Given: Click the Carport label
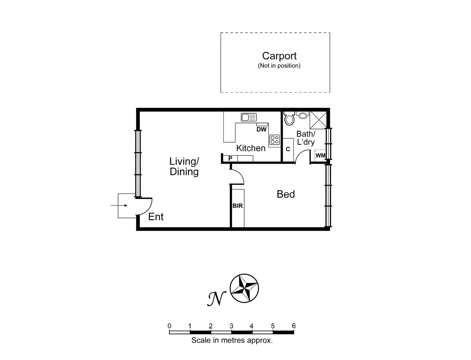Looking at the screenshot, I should tap(279, 56).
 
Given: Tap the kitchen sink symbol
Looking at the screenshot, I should tap(249, 117).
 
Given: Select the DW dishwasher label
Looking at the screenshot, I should tap(262, 129).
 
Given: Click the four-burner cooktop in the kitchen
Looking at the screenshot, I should tap(274, 140).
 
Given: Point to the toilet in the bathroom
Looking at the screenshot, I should tap(289, 118).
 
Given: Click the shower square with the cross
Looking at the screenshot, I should tap(318, 120).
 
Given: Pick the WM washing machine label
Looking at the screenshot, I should tap(320, 155).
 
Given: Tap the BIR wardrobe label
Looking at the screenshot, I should tap(238, 206).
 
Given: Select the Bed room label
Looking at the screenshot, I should tap(286, 194).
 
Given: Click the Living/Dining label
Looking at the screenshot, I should tap(184, 166).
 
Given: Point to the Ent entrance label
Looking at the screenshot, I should tap(156, 217).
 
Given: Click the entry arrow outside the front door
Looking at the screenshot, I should tap(119, 205).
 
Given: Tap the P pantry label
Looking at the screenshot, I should tap(230, 159).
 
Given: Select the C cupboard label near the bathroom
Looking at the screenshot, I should tap(288, 149).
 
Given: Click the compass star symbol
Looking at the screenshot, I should tap(245, 288).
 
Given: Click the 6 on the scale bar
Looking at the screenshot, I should tap(294, 326).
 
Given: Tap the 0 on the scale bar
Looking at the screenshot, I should tap(169, 326).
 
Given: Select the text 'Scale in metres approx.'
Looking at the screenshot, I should tap(232, 340).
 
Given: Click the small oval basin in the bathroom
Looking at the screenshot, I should tap(303, 116).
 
